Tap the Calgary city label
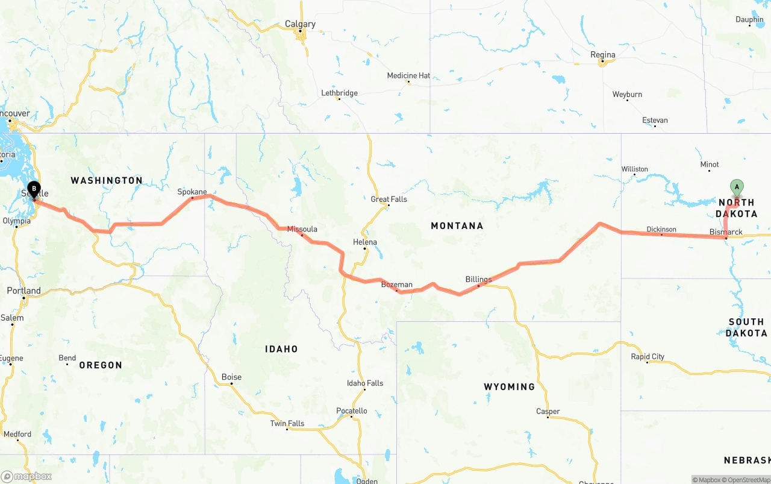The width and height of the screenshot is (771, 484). (x=300, y=24)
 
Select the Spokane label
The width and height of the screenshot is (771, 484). (x=192, y=192)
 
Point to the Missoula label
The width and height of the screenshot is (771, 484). (x=302, y=229)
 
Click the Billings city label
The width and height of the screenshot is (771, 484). (x=478, y=279)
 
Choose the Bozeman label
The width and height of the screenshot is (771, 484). (x=396, y=284)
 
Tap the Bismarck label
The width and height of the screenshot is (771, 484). (x=726, y=232)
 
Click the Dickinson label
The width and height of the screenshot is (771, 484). (x=661, y=229)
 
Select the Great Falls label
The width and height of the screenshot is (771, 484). (x=389, y=199)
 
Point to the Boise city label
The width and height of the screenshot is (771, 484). (x=231, y=377)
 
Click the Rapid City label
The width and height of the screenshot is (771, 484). (x=648, y=356)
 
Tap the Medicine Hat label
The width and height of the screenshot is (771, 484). (x=408, y=75)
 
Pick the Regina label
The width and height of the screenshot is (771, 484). (x=603, y=55)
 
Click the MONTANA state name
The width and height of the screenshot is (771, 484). (x=457, y=225)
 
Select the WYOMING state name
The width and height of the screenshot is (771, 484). (x=509, y=386)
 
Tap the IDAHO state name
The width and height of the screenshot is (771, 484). (x=281, y=348)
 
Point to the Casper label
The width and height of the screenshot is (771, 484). (x=548, y=412)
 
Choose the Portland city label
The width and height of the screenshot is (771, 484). (x=24, y=291)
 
